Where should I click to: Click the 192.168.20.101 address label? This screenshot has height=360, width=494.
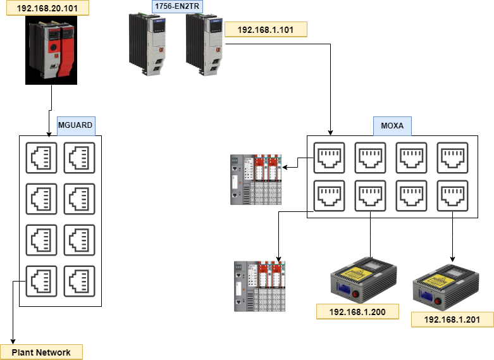[45, 8]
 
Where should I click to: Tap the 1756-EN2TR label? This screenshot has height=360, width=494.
[177, 7]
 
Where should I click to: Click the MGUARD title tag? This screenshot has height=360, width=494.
[75, 125]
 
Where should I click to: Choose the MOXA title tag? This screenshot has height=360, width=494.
[392, 125]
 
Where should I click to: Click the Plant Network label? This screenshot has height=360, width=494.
[41, 352]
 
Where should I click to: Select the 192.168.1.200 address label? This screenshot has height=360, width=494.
[358, 311]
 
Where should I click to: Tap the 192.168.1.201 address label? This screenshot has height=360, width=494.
[452, 320]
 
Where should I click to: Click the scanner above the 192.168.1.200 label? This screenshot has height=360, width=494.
[363, 278]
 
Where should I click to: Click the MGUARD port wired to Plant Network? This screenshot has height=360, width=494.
[41, 281]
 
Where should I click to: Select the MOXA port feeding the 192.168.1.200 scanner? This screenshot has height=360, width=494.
[370, 196]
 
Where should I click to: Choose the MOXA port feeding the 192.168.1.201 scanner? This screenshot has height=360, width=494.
[452, 196]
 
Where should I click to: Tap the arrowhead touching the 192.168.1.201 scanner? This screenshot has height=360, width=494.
[452, 258]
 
